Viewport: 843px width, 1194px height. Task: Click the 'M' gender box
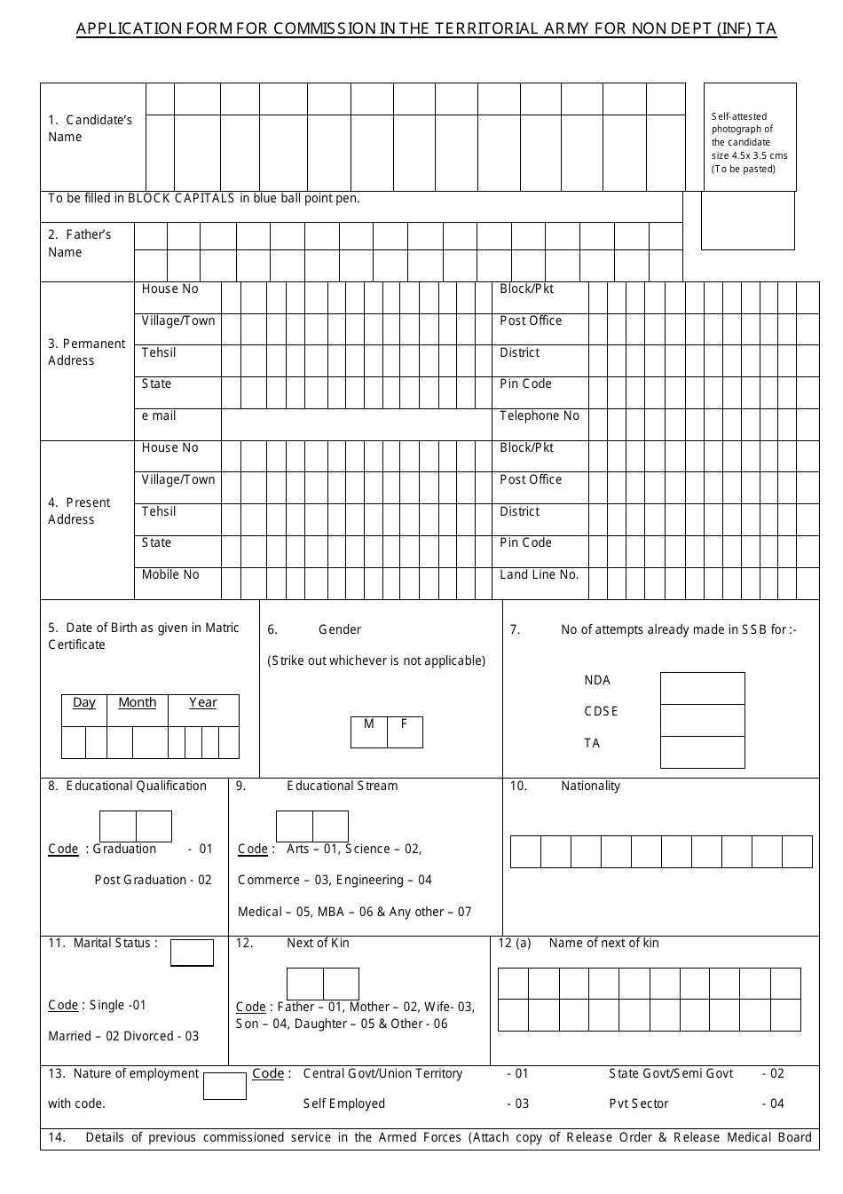[369, 731]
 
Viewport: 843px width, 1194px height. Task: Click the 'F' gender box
[405, 731]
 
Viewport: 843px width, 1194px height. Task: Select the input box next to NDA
[702, 688]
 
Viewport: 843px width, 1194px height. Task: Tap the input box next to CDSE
[702, 720]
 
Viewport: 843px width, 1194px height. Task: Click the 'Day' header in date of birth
[84, 703]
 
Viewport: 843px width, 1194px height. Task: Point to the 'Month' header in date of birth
[137, 703]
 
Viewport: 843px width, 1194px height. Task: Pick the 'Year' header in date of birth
[202, 703]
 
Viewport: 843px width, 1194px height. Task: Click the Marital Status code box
[192, 953]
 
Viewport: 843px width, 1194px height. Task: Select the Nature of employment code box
[225, 1086]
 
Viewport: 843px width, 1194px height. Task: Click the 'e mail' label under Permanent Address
[159, 415]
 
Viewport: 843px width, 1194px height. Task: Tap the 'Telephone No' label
[539, 415]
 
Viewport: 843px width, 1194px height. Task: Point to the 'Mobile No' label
[170, 574]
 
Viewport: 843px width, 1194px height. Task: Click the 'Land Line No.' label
[539, 574]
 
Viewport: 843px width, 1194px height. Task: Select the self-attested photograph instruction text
[749, 142]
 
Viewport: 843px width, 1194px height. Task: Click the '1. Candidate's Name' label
[90, 128]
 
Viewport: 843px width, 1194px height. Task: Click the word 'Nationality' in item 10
[590, 786]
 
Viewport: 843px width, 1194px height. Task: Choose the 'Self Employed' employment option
[344, 1103]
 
